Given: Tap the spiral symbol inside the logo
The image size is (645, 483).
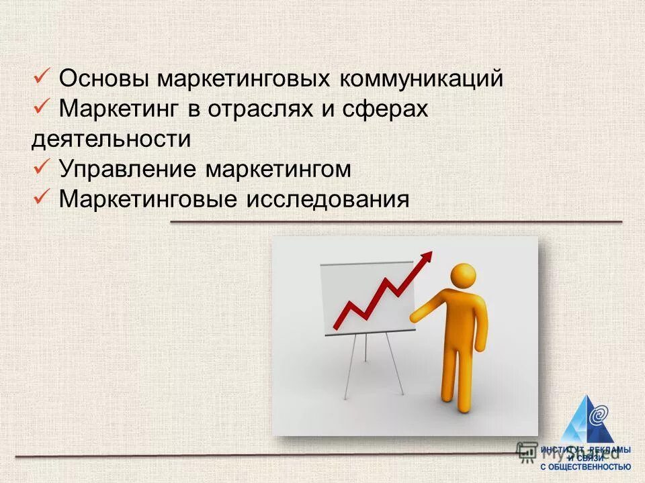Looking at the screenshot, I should point(597,415).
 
